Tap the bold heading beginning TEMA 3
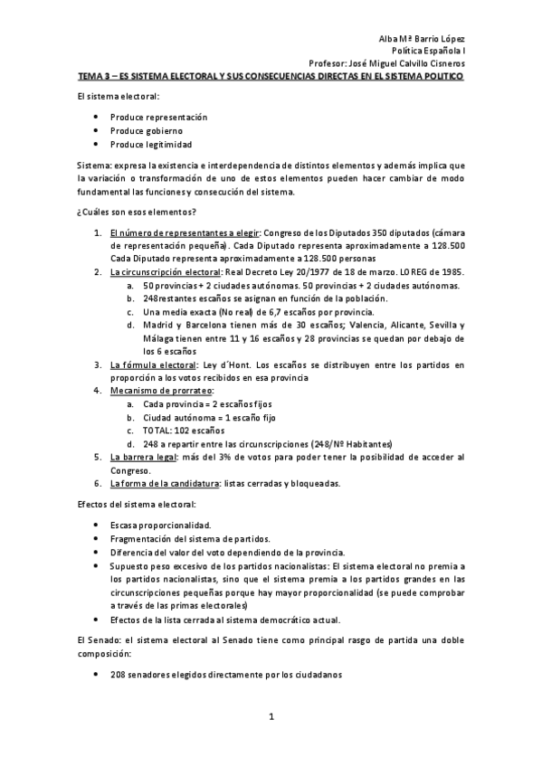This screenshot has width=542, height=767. [x=270, y=77]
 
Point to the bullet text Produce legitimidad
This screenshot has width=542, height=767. [x=151, y=144]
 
